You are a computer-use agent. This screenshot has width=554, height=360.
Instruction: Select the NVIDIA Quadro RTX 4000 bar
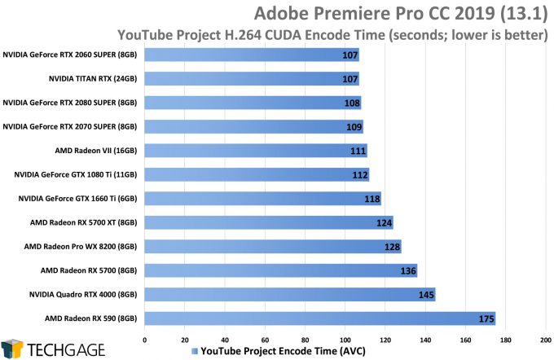[290, 294]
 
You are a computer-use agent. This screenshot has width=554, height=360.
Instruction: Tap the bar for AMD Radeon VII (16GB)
[256, 151]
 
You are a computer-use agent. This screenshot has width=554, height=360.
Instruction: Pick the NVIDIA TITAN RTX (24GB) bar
[252, 79]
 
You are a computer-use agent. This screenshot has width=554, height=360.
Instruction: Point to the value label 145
[424, 294]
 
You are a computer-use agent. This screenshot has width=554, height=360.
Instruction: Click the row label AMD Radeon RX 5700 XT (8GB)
[81, 222]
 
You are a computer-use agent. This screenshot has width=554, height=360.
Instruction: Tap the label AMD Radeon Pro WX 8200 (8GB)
[81, 246]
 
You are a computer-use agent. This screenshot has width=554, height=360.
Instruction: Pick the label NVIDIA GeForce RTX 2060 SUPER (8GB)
[71, 55]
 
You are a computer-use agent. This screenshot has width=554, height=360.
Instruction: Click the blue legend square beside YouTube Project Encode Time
[194, 351]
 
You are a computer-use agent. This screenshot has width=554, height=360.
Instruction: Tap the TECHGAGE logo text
[63, 348]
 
